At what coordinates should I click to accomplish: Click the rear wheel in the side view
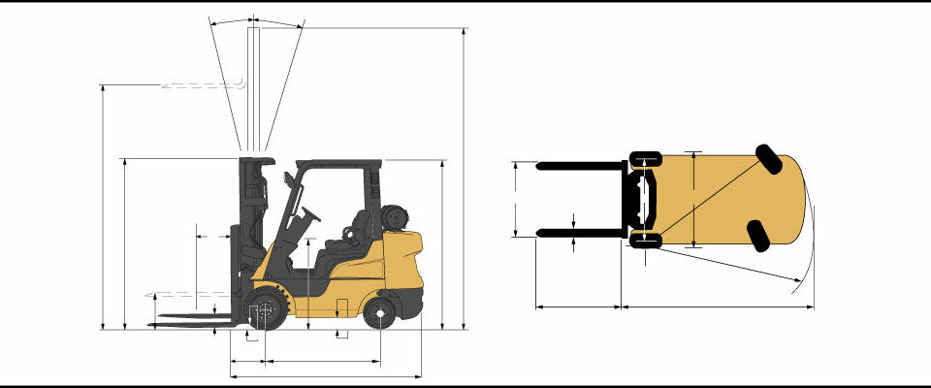[380, 313]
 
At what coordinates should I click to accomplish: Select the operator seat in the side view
[355, 234]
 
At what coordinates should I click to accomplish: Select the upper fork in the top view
[582, 166]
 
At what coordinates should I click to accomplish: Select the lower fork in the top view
[582, 233]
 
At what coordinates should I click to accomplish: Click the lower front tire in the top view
[645, 241]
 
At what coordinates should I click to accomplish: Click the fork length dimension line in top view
[578, 307]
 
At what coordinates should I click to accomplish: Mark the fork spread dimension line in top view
[514, 200]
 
